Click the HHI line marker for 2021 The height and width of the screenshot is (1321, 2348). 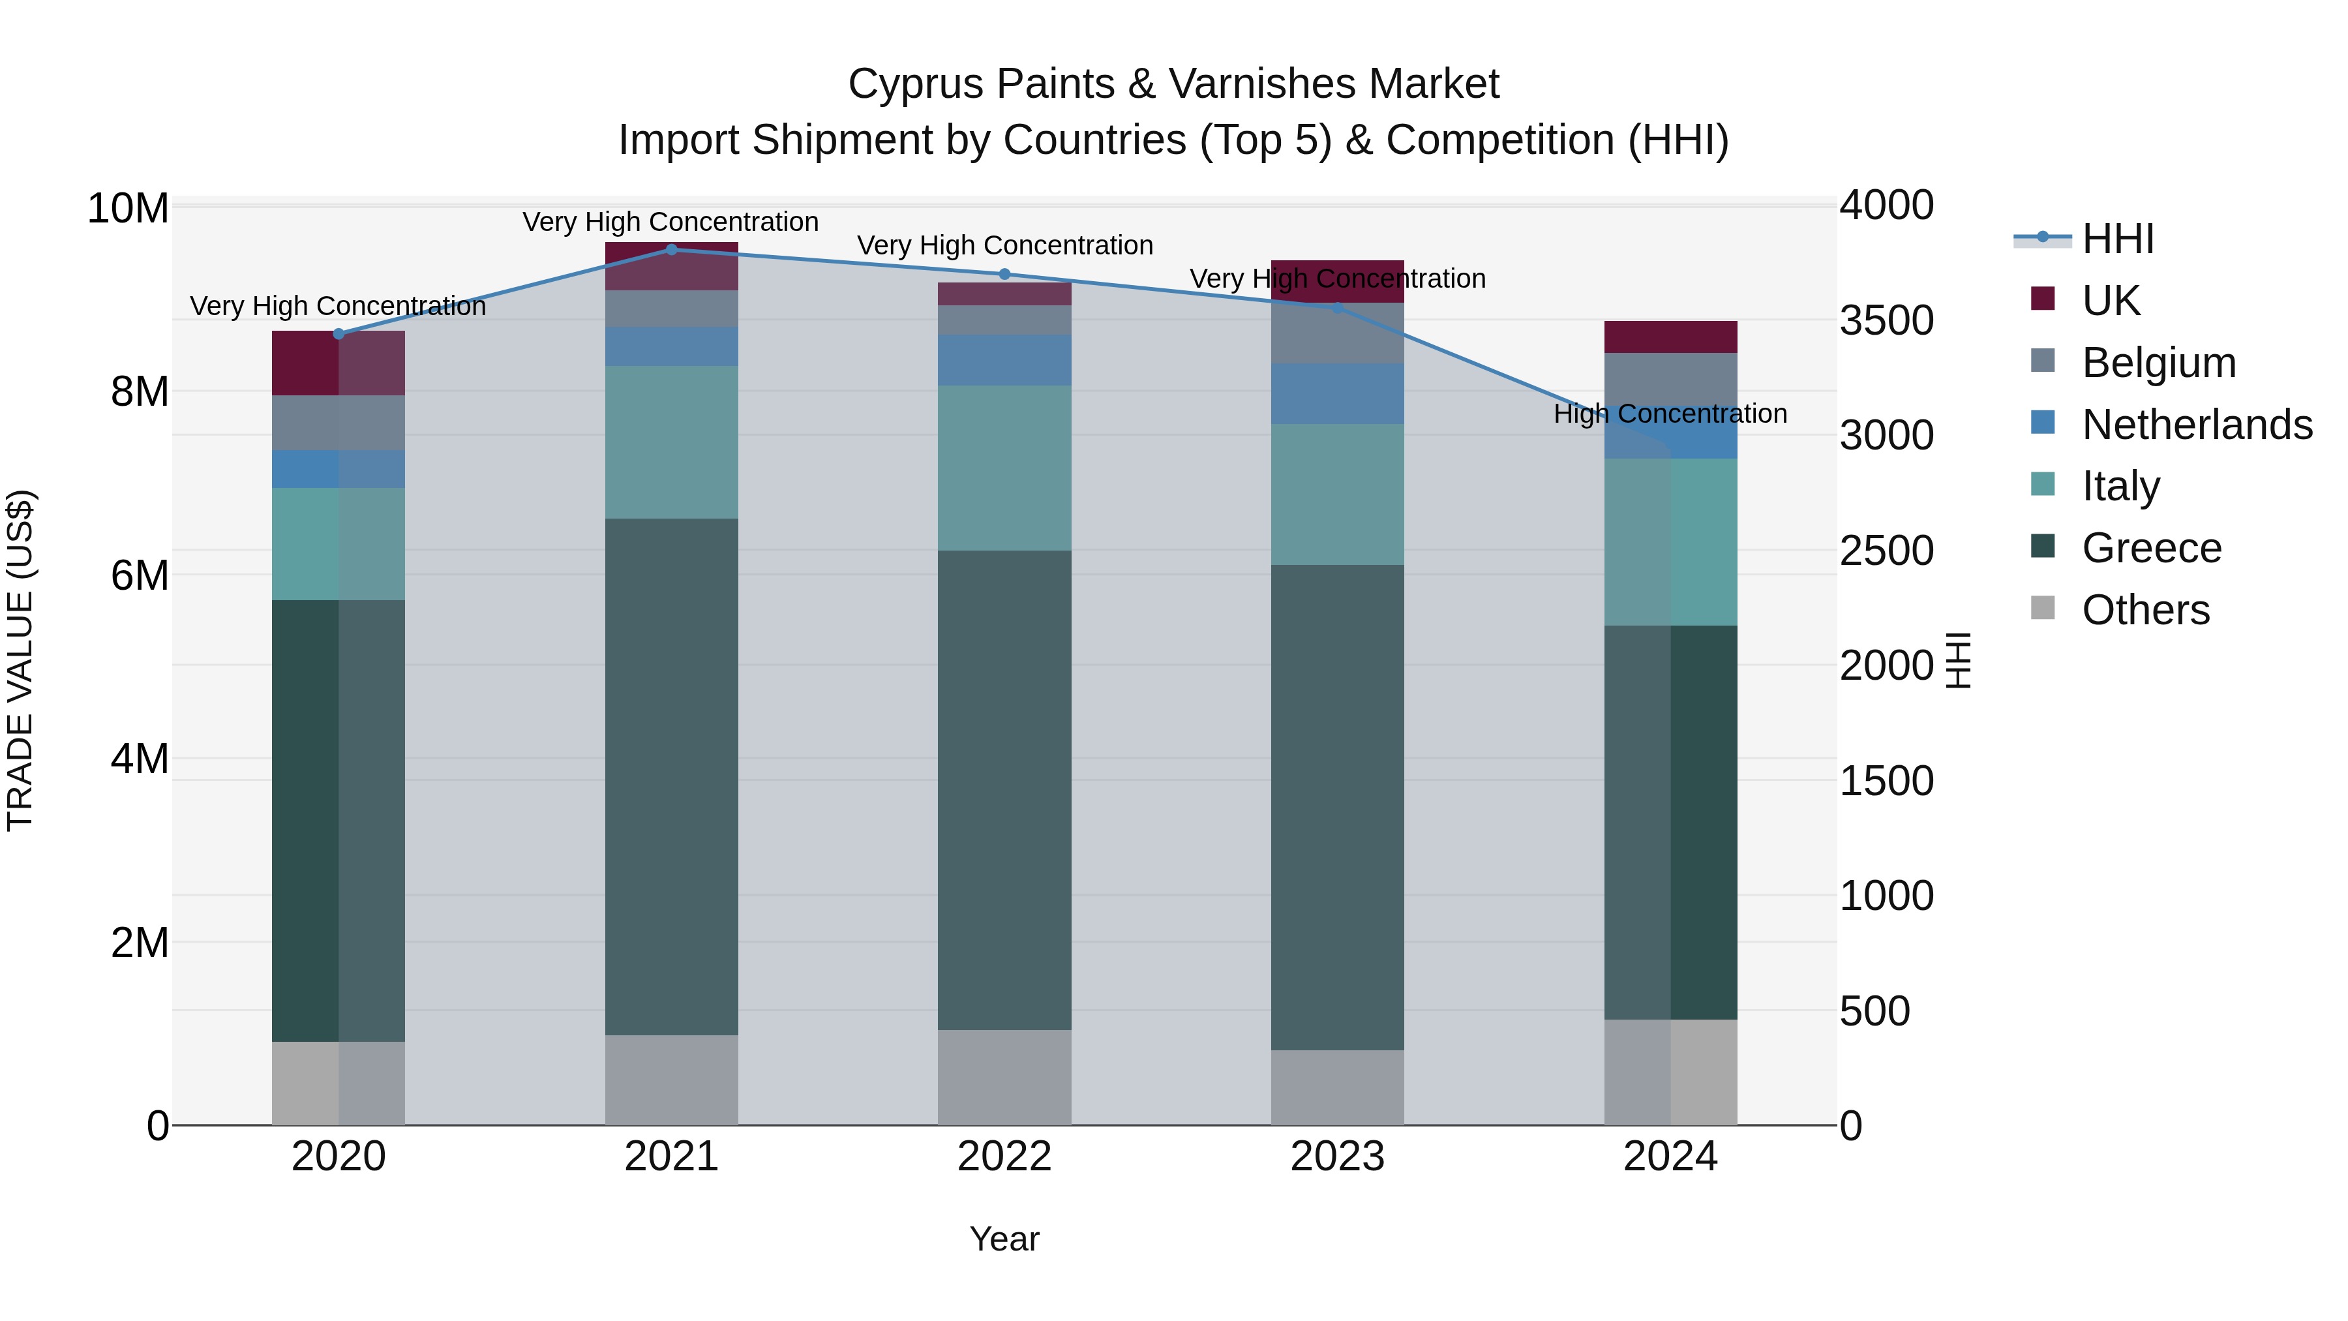[x=672, y=250]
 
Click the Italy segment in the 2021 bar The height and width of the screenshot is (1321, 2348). [x=672, y=442]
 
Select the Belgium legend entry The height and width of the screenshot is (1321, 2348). [x=2158, y=363]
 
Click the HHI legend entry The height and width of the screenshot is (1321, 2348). [x=2117, y=239]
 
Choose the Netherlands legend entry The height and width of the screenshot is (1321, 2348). [x=2197, y=425]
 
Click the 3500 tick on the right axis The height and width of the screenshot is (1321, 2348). [x=1886, y=321]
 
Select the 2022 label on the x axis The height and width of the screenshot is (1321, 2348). [x=1004, y=1157]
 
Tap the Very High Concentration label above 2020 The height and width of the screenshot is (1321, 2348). [x=338, y=307]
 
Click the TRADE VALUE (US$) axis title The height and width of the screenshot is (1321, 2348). [x=21, y=660]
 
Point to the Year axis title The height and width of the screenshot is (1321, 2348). [x=1004, y=1239]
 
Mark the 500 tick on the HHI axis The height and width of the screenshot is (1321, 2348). [x=1874, y=1011]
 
